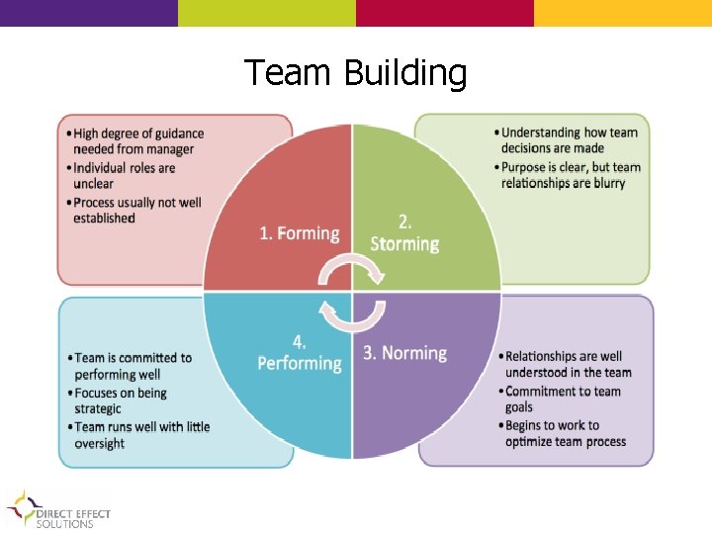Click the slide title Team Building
tap(355, 73)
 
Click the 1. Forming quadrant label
tap(299, 233)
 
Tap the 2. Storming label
tap(404, 233)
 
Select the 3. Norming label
tap(405, 353)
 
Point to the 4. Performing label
tap(299, 353)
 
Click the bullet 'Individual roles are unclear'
tap(124, 176)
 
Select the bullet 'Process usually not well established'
tap(136, 210)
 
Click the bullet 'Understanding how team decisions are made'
tap(569, 140)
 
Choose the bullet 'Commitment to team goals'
tap(563, 399)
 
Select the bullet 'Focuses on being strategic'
tap(120, 400)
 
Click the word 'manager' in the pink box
tap(167, 150)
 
